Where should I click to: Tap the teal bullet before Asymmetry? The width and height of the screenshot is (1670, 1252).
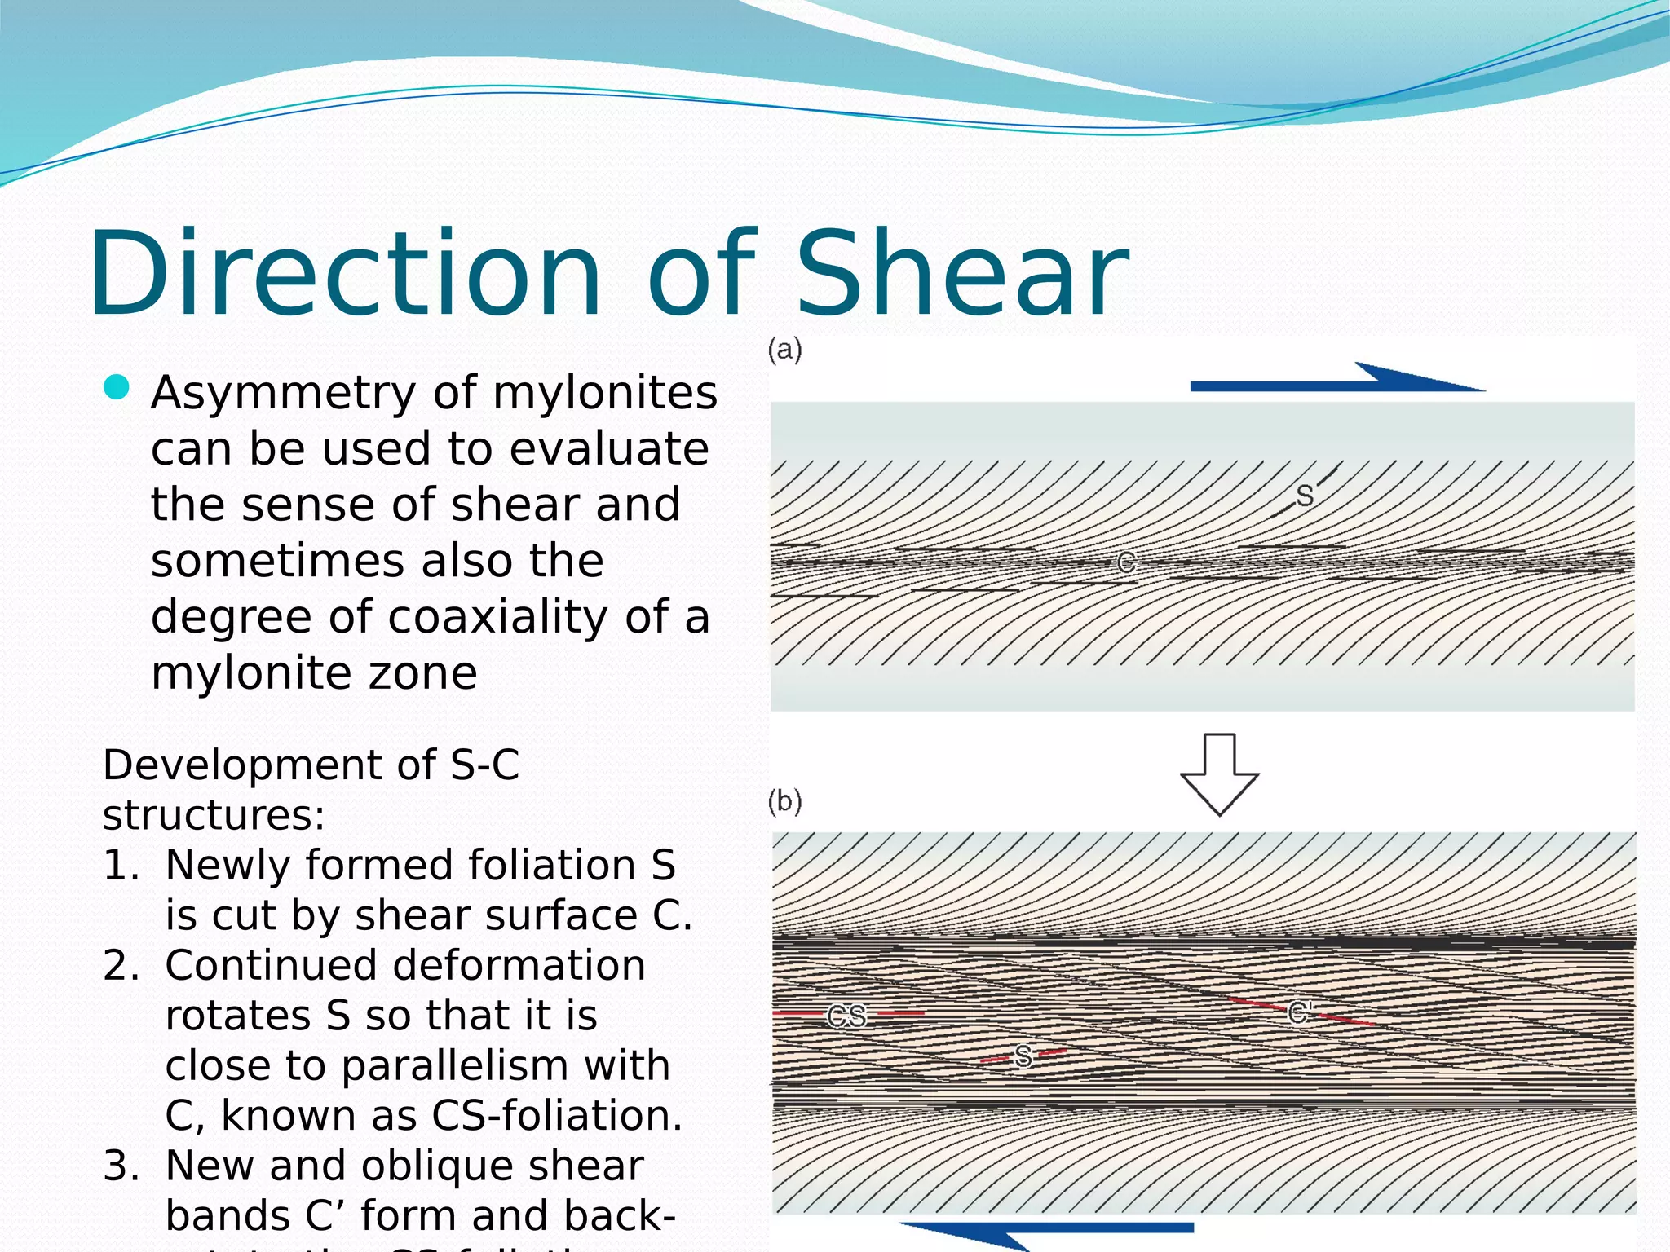tap(117, 387)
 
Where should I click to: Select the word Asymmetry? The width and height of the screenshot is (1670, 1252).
tap(284, 394)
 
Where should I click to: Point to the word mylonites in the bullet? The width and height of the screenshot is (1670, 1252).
tap(605, 392)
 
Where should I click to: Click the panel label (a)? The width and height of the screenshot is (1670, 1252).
tap(785, 350)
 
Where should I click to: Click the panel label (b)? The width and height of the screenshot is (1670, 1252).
tap(785, 801)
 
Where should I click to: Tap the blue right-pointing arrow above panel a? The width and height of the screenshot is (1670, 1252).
tap(1337, 380)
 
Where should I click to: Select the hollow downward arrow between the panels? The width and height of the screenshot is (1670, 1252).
tap(1220, 774)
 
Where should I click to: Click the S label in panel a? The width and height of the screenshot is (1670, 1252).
tap(1305, 496)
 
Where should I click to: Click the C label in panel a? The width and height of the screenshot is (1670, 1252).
tap(1126, 562)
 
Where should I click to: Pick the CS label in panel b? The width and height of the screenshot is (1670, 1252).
tap(846, 1016)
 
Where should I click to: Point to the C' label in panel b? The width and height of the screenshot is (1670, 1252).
tap(1299, 1013)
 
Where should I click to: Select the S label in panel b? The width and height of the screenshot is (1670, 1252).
tap(1023, 1056)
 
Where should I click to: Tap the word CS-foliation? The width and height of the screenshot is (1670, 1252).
tap(556, 1116)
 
